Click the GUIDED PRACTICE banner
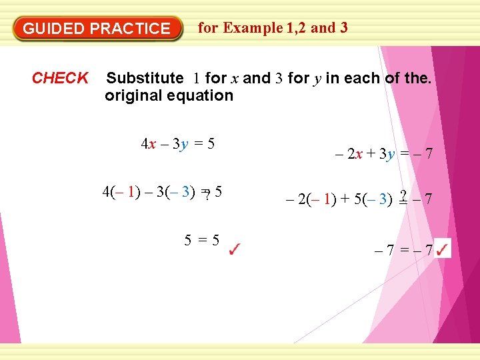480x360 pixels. tap(97, 29)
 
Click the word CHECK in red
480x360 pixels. tap(60, 78)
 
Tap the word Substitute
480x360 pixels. tap(145, 78)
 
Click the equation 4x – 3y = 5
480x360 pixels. tap(177, 143)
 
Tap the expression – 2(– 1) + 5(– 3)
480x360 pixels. tap(338, 199)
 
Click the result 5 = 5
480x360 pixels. tap(202, 241)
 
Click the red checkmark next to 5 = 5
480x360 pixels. tap(235, 251)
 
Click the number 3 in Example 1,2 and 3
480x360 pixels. tap(343, 28)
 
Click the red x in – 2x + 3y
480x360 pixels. tap(359, 155)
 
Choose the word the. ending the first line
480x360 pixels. tap(418, 78)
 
